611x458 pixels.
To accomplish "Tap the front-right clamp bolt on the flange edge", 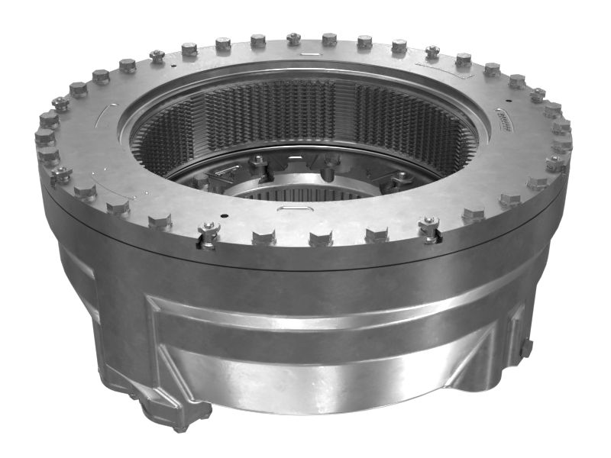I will [x=429, y=227].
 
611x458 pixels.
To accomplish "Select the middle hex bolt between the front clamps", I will [x=319, y=237].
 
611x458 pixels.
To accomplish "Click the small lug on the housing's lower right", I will [x=526, y=347].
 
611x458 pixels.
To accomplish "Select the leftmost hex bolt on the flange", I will [x=44, y=137].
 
